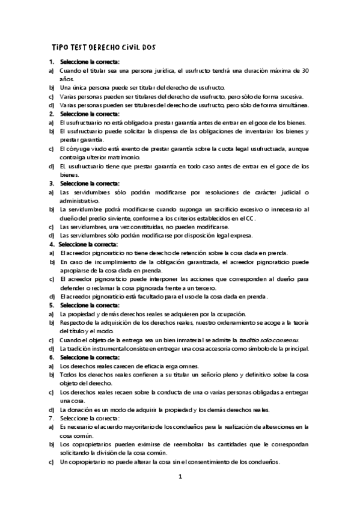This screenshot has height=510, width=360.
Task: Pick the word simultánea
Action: (291, 105)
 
